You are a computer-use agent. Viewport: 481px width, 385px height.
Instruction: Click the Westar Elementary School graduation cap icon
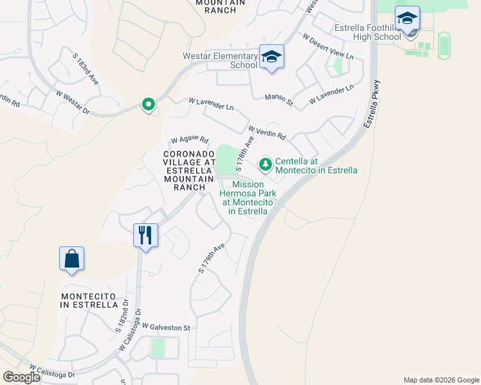[271, 56]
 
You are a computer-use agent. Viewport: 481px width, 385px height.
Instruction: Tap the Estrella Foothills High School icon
[407, 18]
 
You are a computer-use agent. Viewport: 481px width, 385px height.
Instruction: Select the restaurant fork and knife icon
[145, 235]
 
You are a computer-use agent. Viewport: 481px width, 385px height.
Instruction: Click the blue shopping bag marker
[71, 259]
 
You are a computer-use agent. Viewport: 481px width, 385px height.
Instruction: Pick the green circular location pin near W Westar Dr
[148, 104]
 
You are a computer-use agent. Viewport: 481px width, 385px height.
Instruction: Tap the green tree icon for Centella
[265, 165]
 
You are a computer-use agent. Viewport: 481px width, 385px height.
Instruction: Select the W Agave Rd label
[190, 140]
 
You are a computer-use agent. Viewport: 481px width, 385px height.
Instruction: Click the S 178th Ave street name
[244, 153]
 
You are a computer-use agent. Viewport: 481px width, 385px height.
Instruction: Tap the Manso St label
[280, 99]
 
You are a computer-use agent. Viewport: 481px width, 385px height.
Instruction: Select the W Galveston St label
[167, 327]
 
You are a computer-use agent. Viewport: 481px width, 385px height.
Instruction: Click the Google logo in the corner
[22, 377]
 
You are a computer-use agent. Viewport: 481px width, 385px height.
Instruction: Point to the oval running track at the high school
[444, 44]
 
